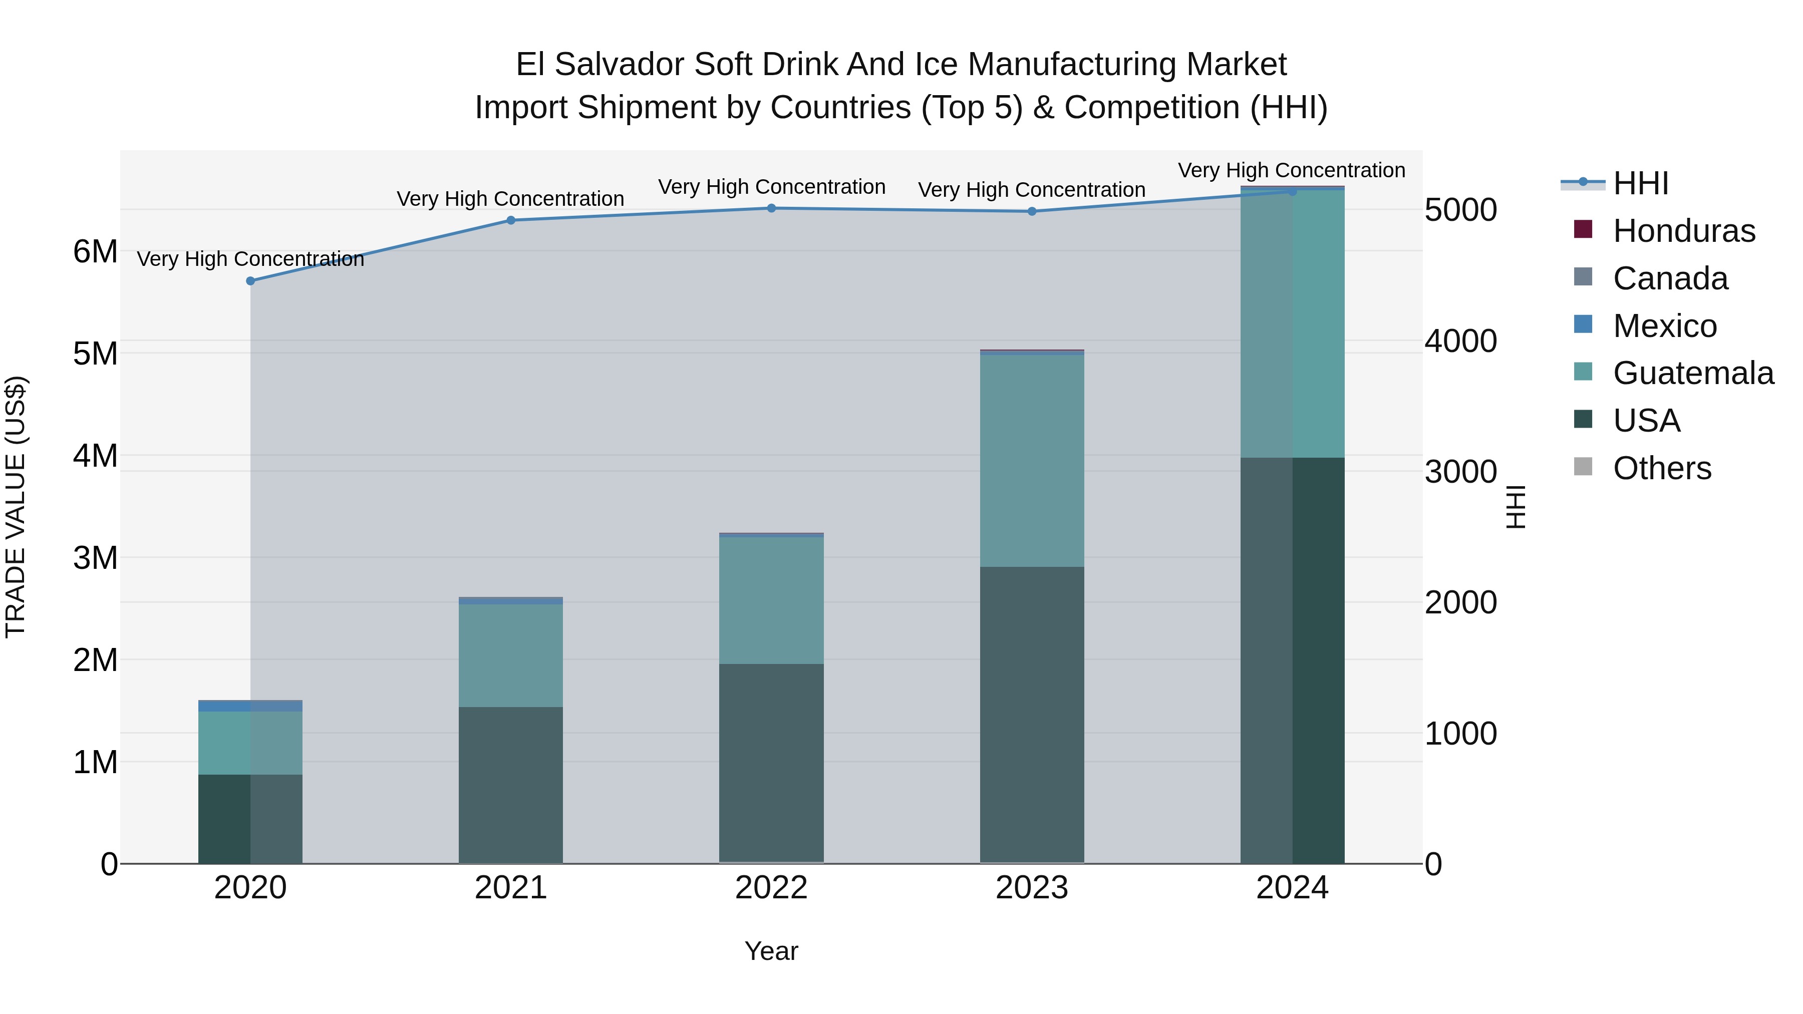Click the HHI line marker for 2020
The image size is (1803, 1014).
pyautogui.click(x=250, y=280)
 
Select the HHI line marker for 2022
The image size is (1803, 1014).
pyautogui.click(x=771, y=208)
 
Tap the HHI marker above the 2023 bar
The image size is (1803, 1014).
pyautogui.click(x=1032, y=211)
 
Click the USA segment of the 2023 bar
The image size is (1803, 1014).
pyautogui.click(x=1032, y=714)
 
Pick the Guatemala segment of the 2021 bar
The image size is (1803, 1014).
pyautogui.click(x=511, y=655)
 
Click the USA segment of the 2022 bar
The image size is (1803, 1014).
pyautogui.click(x=771, y=763)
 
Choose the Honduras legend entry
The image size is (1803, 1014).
pyautogui.click(x=1683, y=231)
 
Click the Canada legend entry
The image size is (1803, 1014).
pyautogui.click(x=1669, y=278)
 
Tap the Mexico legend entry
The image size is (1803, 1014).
pyautogui.click(x=1664, y=326)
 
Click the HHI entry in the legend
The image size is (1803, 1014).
pyautogui.click(x=1640, y=183)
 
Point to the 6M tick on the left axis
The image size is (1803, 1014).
pyautogui.click(x=95, y=252)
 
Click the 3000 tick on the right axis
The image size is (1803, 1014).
pyautogui.click(x=1461, y=472)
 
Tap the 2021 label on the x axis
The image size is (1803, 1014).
pyautogui.click(x=511, y=888)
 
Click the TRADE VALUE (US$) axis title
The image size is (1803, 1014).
pyautogui.click(x=16, y=507)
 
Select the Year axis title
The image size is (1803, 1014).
pyautogui.click(x=771, y=951)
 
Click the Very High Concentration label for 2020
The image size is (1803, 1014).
pyautogui.click(x=250, y=259)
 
